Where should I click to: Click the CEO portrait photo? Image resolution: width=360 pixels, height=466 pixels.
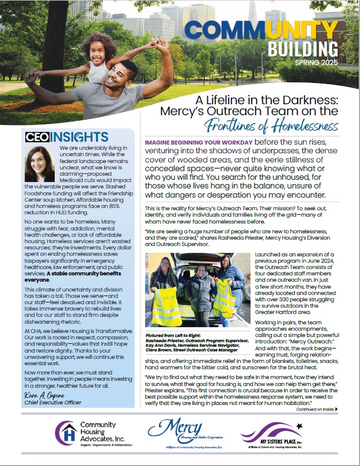(x=40, y=164)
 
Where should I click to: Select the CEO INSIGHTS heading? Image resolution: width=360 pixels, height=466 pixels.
(x=67, y=137)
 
